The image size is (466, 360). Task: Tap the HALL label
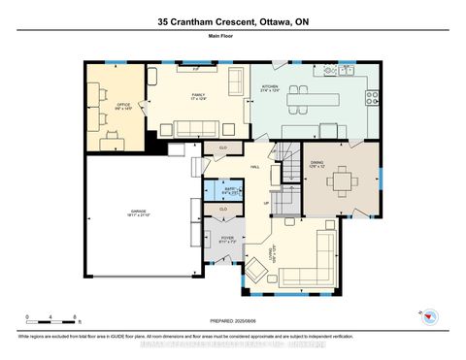coord(254,168)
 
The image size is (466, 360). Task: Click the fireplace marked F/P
coord(195,70)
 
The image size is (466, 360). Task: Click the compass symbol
coord(430,316)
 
